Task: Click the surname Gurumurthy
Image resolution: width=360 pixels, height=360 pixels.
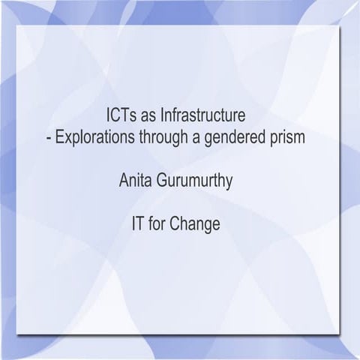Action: (x=201, y=181)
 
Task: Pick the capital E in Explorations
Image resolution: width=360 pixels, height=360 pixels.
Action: (x=58, y=138)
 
